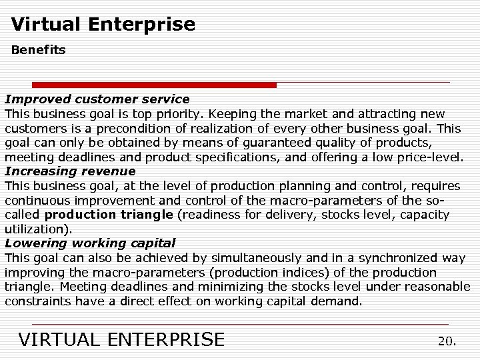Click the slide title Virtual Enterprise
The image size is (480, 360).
point(103,25)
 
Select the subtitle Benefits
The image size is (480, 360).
point(38,50)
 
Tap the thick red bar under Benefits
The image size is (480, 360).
point(154,85)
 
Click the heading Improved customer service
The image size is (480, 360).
point(97,99)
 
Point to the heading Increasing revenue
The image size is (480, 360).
point(70,171)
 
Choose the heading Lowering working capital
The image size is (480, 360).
point(90,243)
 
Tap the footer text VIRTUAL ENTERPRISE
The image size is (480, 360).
point(122,339)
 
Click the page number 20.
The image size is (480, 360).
point(447,341)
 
